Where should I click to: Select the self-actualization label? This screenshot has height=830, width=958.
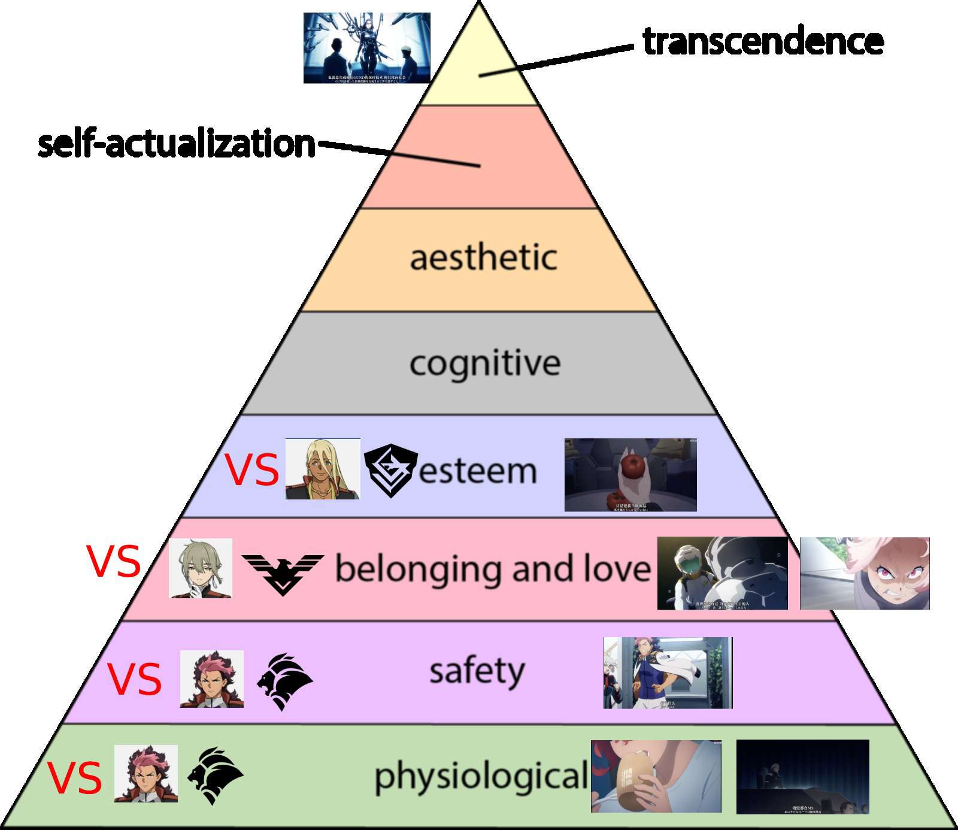176,144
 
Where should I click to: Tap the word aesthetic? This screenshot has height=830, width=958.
483,258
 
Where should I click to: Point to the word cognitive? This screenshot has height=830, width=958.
485,363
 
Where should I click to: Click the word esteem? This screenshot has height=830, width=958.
477,471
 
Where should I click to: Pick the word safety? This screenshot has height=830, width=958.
477,671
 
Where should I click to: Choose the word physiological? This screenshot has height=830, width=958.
481,776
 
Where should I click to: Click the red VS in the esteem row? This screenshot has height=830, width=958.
251,470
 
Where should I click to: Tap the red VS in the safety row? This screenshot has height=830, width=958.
135,679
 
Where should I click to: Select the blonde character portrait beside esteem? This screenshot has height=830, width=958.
322,469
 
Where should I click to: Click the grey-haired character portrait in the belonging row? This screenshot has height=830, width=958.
200,568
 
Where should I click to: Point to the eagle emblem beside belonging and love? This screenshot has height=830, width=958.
282,573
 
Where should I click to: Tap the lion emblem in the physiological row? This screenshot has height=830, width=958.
215,775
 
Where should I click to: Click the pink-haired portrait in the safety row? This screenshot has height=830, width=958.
211,678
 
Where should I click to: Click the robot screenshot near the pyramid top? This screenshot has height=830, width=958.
366,48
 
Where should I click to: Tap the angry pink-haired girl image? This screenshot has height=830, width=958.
865,573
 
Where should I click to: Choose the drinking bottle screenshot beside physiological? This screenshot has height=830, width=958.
656,776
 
